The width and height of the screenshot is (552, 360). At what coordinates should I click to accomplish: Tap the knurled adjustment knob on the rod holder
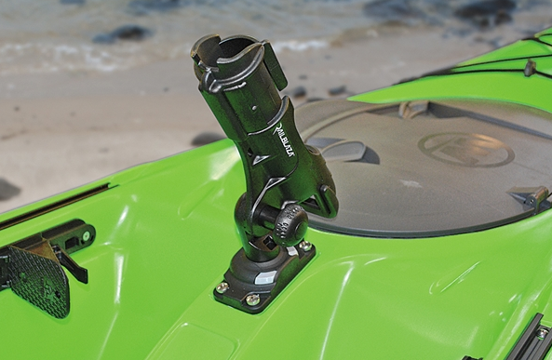click(x=290, y=225)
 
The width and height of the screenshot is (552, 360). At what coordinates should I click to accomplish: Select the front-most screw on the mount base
click(x=253, y=300)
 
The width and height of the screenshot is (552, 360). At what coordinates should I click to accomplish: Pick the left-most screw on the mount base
click(x=222, y=287)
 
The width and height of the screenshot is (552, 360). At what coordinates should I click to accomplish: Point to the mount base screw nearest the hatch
click(x=305, y=246)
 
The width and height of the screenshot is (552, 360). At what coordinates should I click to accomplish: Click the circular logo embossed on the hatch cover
click(x=465, y=149)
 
